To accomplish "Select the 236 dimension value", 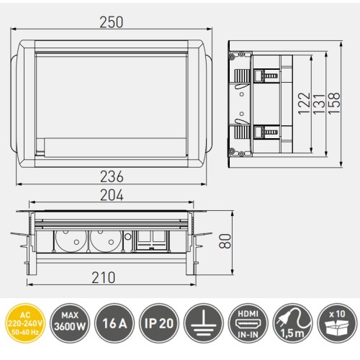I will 111,176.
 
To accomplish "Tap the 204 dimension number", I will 111,195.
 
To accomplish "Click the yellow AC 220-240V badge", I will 23,321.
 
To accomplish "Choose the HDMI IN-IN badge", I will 247,321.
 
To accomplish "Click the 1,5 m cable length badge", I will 292,321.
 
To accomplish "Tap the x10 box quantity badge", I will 336,321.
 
